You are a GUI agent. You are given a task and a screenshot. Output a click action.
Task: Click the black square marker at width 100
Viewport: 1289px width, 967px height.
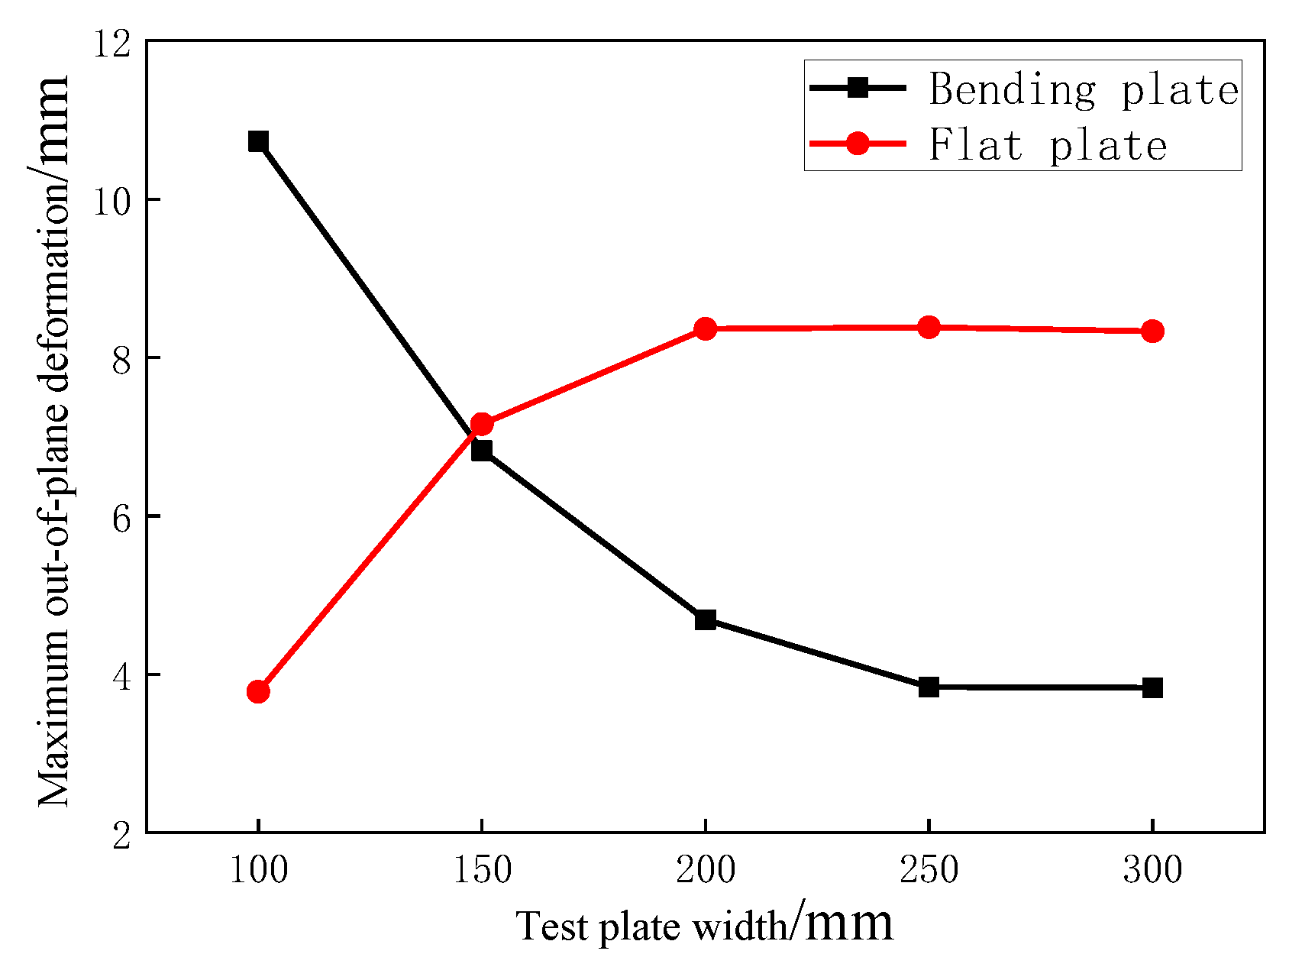point(258,141)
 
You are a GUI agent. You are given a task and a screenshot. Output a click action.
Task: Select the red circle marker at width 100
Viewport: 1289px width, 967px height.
point(258,692)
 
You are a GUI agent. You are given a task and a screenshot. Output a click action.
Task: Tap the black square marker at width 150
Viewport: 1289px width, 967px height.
point(482,451)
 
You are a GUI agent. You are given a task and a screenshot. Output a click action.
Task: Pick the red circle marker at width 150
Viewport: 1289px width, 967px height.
point(482,424)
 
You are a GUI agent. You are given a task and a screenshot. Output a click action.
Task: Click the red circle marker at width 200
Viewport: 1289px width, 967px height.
point(706,329)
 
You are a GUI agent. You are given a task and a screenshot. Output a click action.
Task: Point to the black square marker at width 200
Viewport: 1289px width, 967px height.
point(706,619)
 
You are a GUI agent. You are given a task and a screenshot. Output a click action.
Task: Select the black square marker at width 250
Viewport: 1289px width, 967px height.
point(929,687)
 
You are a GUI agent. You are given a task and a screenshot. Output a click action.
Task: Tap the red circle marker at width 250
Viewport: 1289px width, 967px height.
point(929,328)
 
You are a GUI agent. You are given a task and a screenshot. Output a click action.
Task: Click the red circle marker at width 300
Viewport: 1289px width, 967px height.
point(1152,331)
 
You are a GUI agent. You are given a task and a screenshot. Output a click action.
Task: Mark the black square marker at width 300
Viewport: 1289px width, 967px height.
point(1152,688)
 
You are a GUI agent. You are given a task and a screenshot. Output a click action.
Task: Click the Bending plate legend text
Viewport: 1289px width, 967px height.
point(1083,89)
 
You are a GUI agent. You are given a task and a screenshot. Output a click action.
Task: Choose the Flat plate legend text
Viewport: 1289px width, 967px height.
point(1047,144)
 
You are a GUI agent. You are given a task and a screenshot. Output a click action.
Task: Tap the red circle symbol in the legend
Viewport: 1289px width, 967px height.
point(858,143)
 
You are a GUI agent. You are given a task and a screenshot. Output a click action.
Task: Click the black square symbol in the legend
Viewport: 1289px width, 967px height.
point(858,87)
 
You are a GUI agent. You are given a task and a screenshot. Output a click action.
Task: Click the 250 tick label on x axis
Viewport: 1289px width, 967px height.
point(929,870)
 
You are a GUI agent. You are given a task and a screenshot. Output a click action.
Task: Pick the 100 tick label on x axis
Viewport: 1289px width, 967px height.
point(258,870)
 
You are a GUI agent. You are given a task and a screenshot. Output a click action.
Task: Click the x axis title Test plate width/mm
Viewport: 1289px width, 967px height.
point(704,925)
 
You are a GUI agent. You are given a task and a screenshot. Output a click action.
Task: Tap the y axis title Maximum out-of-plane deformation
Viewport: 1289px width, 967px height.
point(55,443)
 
